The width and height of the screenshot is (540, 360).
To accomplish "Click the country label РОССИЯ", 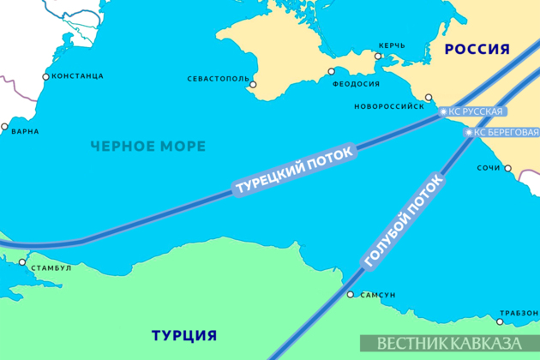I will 477,50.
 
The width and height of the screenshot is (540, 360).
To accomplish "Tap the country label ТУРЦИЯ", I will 183,334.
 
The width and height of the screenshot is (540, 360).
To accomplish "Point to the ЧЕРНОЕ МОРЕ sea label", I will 149,147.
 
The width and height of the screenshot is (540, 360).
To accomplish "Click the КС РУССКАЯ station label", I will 472,111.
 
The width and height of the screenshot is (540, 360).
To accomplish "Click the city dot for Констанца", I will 45,76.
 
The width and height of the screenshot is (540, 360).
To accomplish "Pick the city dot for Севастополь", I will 253,84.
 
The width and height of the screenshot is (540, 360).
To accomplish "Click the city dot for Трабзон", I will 500,322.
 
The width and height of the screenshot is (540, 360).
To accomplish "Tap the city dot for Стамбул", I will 26,255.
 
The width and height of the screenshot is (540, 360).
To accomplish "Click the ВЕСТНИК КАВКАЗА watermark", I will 448,343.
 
